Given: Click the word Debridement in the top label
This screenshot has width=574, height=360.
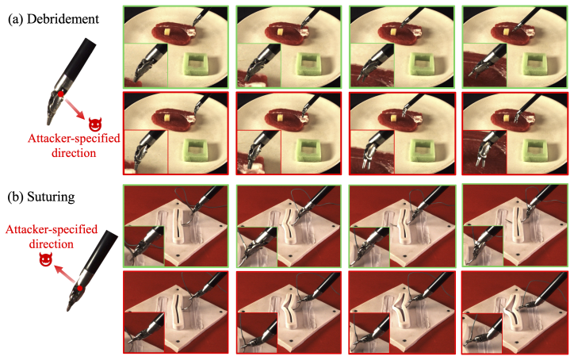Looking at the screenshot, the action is [63, 19].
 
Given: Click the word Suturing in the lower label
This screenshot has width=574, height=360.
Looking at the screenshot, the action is [51, 197].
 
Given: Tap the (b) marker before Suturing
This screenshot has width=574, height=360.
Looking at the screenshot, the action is [16, 197].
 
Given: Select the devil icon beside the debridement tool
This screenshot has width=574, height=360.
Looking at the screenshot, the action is [95, 124].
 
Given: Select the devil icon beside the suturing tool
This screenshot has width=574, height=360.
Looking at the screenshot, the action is [46, 260].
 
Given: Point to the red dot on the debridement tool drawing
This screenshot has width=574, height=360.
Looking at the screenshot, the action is [61, 94].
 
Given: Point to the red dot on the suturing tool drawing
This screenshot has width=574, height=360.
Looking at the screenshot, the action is [80, 288].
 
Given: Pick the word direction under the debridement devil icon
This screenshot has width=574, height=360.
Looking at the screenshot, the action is [74, 152].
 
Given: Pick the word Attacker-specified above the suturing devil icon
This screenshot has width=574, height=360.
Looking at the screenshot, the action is [52, 229].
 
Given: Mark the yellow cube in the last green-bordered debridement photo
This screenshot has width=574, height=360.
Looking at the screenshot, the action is [506, 33].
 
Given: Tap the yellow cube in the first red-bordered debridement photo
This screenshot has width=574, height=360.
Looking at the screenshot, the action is [167, 119].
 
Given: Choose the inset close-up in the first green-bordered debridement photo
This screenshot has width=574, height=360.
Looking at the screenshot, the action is [146, 65].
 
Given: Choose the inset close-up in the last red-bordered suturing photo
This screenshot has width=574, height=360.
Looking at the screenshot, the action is [483, 333].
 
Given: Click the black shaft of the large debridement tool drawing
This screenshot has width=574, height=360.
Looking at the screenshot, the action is [78, 58].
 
